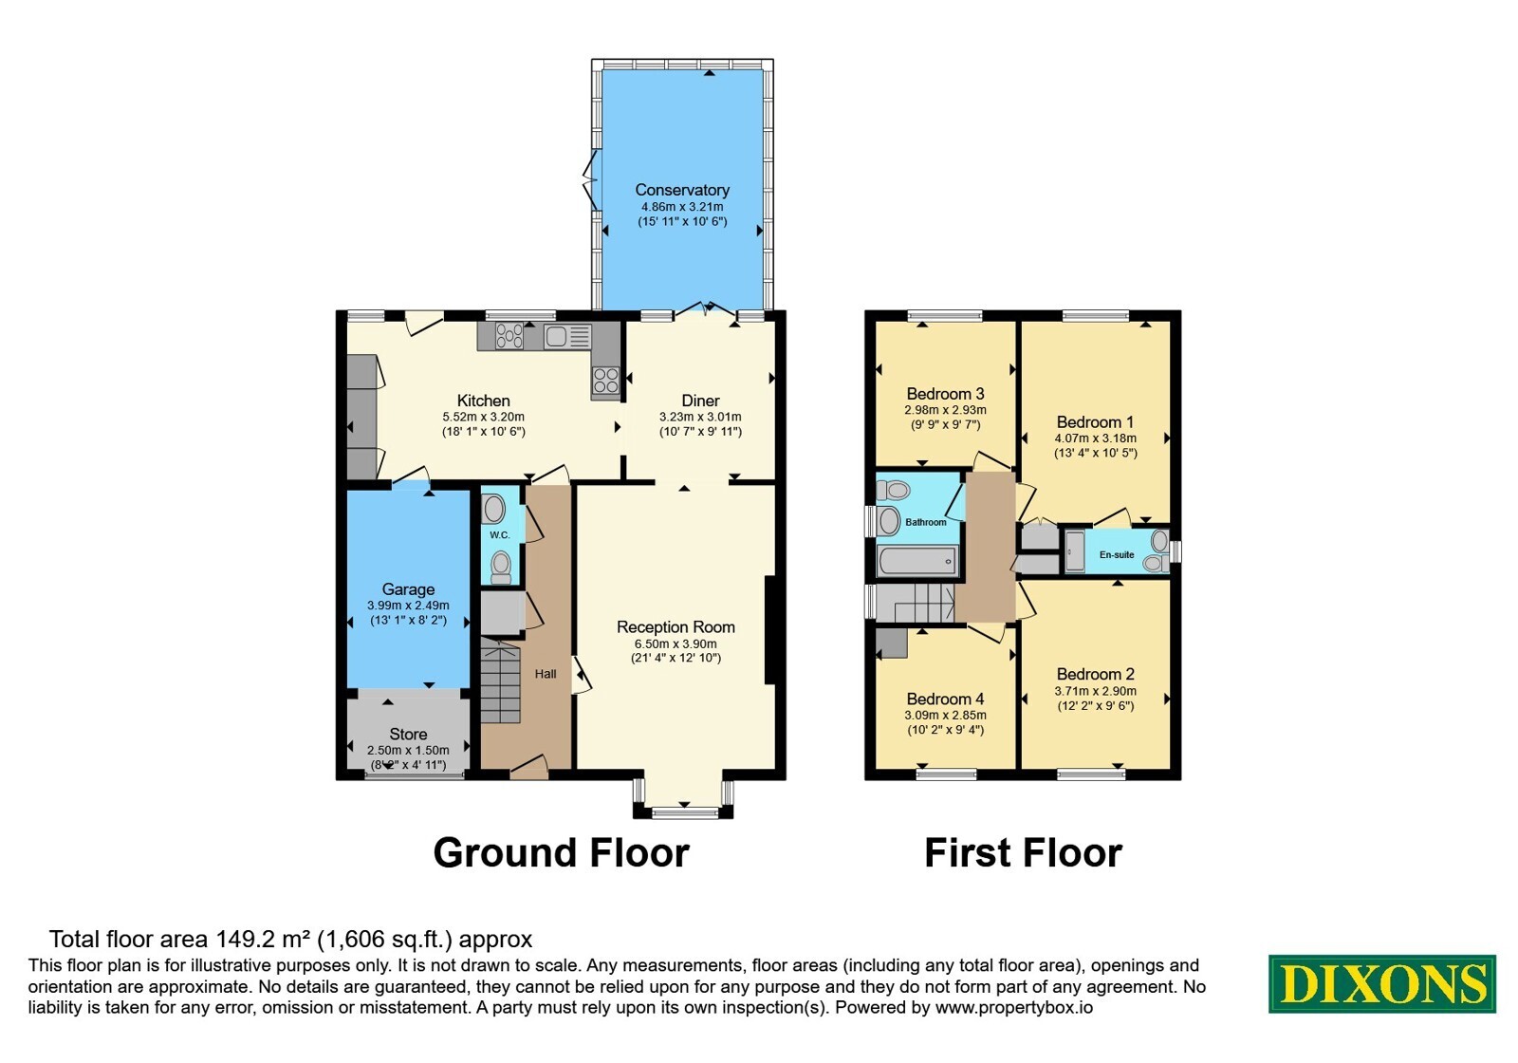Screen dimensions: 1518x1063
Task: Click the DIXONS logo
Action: point(1381,983)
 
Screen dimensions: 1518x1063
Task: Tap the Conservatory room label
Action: point(682,190)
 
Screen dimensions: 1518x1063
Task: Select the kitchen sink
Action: point(567,336)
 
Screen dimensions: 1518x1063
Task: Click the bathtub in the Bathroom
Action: point(916,561)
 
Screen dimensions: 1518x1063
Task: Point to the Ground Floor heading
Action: point(561,852)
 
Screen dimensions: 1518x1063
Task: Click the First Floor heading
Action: point(1023,852)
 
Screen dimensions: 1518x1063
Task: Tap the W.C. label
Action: point(499,535)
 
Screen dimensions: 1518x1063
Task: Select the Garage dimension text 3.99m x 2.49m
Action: point(408,606)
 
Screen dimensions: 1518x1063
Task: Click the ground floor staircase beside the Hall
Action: point(500,682)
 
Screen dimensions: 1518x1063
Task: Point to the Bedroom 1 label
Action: point(1095,421)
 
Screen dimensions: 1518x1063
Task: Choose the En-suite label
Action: point(1116,554)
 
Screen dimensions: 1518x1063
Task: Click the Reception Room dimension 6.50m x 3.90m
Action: point(675,644)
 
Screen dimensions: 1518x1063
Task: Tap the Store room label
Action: point(408,735)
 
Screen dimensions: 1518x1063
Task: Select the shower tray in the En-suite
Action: point(1075,551)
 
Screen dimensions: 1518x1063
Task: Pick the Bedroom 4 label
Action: point(945,699)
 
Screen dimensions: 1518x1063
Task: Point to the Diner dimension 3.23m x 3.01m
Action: point(700,417)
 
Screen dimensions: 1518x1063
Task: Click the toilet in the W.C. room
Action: point(501,567)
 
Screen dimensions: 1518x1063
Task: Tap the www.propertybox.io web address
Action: point(1014,1007)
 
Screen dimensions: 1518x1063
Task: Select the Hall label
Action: point(546,674)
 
